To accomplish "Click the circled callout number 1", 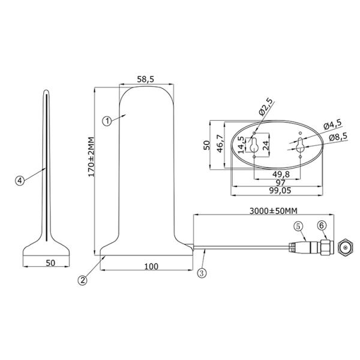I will pos(106,121).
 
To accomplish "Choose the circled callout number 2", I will pos(83,279).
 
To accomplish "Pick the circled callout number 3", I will pos(202,272).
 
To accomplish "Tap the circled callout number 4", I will pos(20,179).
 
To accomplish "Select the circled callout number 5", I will pos(298,226).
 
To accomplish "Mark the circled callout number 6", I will pos(322,225).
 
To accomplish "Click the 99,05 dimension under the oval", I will pos(278,190).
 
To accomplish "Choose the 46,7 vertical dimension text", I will pos(220,145).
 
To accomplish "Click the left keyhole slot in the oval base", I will pos(254,146).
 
